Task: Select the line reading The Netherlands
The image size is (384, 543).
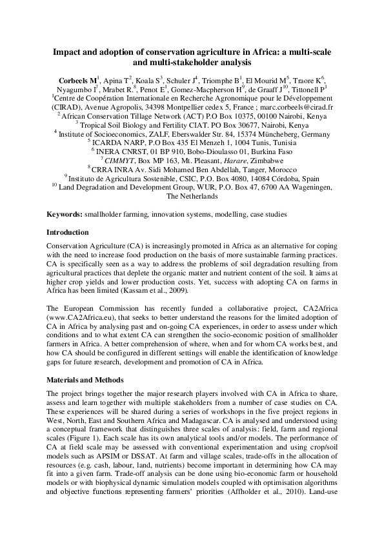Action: [x=192, y=196]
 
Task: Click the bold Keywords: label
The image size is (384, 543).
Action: [x=65, y=213]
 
